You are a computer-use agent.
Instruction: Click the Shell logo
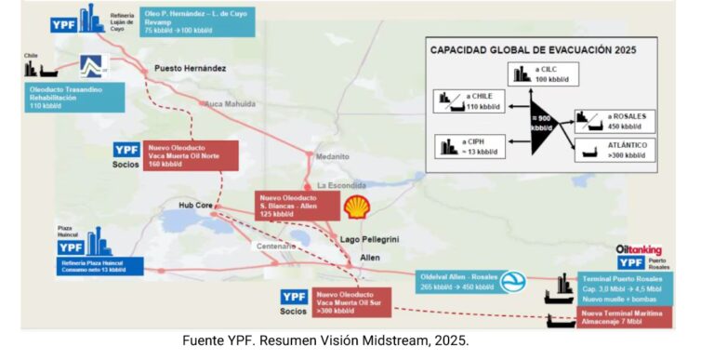tap(355, 207)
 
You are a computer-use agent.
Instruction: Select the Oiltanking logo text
tap(638, 250)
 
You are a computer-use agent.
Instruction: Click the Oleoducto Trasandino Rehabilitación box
tap(71, 97)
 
